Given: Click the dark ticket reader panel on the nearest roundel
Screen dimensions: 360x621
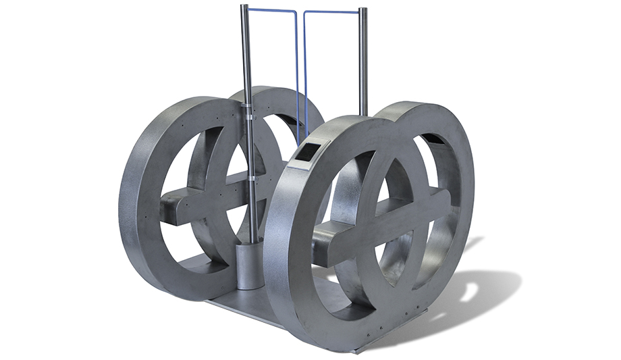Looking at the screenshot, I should [305, 153].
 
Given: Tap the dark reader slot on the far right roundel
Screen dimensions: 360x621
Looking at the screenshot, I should [432, 140].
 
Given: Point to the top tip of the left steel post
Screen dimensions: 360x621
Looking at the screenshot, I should [244, 7].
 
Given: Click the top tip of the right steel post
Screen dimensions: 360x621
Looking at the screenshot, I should [363, 9].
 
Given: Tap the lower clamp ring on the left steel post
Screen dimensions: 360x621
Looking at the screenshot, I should [250, 177].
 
